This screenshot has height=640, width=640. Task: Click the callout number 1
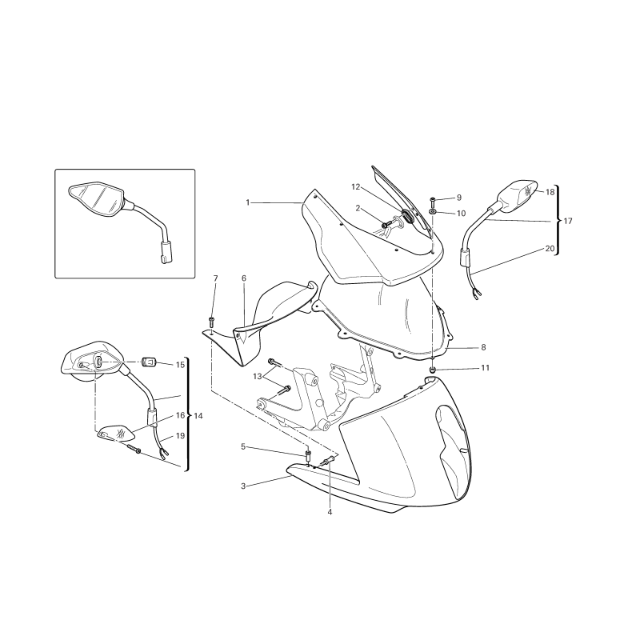[x=247, y=202]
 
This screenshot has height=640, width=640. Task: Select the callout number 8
[x=483, y=347]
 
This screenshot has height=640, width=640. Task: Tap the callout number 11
[x=485, y=368]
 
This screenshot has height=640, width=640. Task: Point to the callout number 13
[x=257, y=376]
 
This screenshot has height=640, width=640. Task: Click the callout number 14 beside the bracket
[x=198, y=416]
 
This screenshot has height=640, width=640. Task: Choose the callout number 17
[x=568, y=221]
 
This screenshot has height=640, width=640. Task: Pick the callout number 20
[x=550, y=249]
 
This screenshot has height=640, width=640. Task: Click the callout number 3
[x=243, y=486]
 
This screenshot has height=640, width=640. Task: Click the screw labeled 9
[x=433, y=201]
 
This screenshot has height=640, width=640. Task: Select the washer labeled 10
[x=433, y=212]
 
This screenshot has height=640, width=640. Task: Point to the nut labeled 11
[x=433, y=370]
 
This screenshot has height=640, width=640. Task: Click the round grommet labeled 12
[x=407, y=216]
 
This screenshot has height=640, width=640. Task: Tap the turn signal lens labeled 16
[x=115, y=433]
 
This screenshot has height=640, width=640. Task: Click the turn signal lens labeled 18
[x=528, y=192]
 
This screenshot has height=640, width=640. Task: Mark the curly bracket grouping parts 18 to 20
[x=557, y=221]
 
